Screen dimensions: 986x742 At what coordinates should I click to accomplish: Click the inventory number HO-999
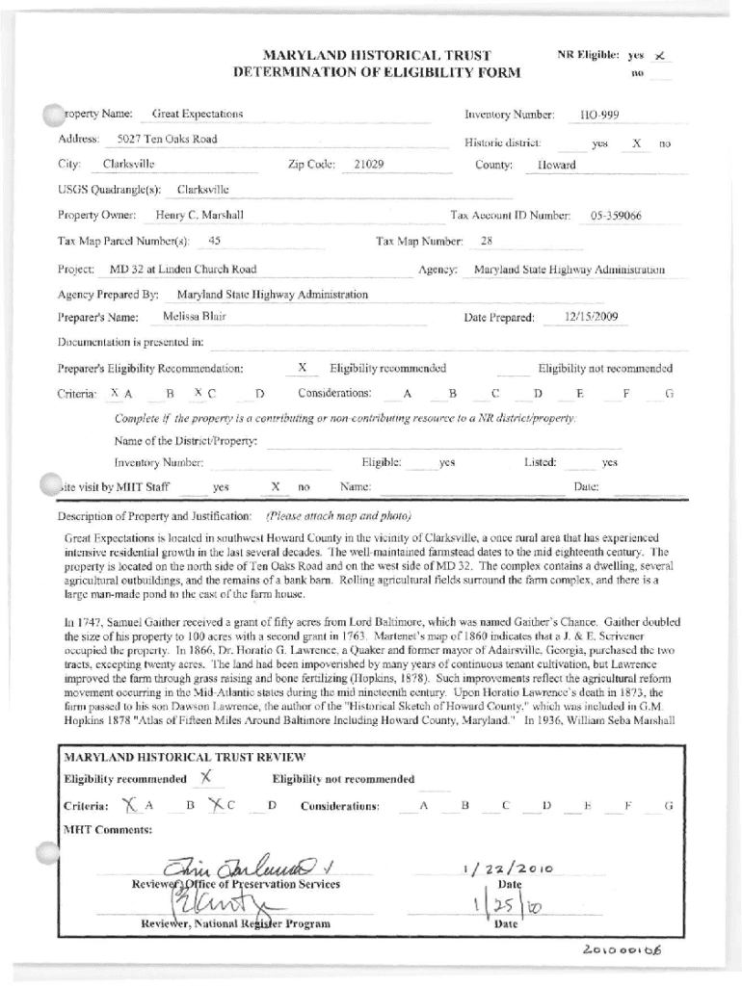click(598, 116)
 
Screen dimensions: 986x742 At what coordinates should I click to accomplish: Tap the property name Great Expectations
click(198, 115)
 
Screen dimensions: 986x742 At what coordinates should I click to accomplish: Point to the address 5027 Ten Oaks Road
click(161, 140)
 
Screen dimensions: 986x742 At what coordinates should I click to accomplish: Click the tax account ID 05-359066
click(616, 216)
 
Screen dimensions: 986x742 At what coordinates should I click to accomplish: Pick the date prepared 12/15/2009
click(592, 317)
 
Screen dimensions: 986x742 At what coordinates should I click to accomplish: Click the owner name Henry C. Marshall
click(199, 215)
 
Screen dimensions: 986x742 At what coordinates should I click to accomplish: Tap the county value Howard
click(557, 165)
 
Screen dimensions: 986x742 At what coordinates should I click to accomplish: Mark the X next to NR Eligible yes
click(660, 56)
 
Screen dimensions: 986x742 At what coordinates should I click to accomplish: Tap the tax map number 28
click(487, 241)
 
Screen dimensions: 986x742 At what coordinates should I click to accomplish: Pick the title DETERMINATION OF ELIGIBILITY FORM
click(377, 72)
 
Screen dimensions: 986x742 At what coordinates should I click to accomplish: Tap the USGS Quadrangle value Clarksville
click(202, 190)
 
